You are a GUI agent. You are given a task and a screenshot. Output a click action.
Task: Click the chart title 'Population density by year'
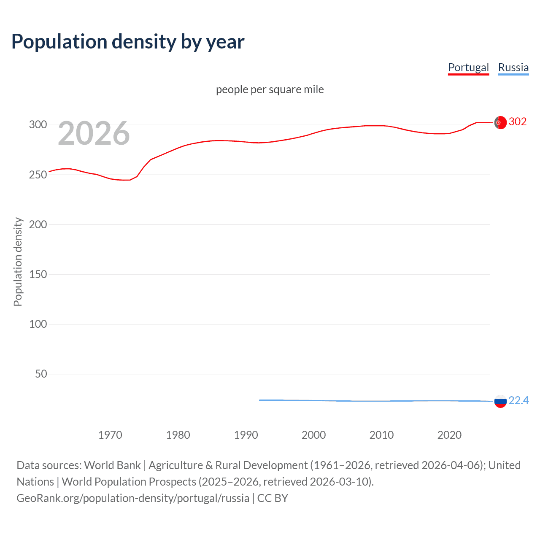coord(128,42)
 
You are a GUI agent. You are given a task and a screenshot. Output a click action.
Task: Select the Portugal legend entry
coord(468,67)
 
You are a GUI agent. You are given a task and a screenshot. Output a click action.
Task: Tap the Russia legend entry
coord(513,67)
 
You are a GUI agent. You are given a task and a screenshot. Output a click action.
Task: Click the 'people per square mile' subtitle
coord(270,89)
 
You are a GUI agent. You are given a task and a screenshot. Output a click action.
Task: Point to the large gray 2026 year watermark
coord(94,133)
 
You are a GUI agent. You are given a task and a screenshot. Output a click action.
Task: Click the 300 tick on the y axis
coord(38,124)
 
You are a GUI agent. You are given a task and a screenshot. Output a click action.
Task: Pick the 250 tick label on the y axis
coord(38,175)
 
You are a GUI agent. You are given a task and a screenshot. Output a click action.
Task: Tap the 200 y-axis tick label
coord(38,224)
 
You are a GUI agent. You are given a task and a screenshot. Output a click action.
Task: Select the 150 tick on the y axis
coord(38,274)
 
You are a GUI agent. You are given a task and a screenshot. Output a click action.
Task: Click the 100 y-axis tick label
coord(38,324)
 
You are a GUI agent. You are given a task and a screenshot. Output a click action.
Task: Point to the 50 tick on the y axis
coord(41,374)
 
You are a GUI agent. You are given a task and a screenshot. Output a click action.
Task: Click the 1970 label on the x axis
coord(110,435)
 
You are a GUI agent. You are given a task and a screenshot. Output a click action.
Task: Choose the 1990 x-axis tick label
coord(246,435)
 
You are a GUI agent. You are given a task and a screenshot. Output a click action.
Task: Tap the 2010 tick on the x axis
coord(381,435)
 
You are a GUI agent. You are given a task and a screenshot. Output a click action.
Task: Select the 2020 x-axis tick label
coord(449,435)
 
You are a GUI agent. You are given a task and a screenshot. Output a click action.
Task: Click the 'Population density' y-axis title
coord(18,262)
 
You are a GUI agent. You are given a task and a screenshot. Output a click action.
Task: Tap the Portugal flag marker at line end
coord(500,122)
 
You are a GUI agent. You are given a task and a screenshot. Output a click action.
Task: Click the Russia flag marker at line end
coord(500,401)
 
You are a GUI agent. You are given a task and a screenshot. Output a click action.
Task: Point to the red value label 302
coord(518,121)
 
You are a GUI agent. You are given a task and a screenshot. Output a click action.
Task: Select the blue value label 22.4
coord(518,400)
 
